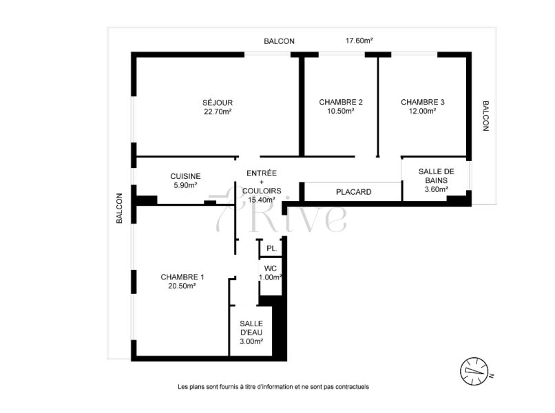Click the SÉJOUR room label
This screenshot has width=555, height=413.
coord(218,103)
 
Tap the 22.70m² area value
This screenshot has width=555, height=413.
coord(218,112)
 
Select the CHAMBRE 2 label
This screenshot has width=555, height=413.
coord(341,103)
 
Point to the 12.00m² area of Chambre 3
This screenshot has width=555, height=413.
coord(423,111)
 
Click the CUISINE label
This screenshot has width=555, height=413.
coord(185,176)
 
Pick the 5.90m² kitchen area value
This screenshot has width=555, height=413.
coord(185,185)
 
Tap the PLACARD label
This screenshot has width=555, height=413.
coord(354,192)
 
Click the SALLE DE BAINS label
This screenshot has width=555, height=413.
coord(436,176)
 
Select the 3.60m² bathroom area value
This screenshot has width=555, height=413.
coord(436,189)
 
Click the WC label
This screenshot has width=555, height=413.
coord(271,268)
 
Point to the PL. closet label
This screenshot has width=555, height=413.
coord(272,248)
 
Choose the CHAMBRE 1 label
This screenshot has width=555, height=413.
coord(182,277)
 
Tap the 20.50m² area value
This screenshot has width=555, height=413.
coord(182,286)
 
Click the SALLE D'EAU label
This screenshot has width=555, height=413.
coord(251,328)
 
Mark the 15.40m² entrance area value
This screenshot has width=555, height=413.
coord(262,200)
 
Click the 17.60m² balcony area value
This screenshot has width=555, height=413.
coord(359,41)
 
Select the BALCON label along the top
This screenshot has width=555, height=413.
coord(280,41)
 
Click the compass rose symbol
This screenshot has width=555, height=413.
coord(474,371)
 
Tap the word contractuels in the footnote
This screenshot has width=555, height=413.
coord(352,387)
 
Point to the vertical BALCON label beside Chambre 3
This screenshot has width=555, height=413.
coord(485,116)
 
